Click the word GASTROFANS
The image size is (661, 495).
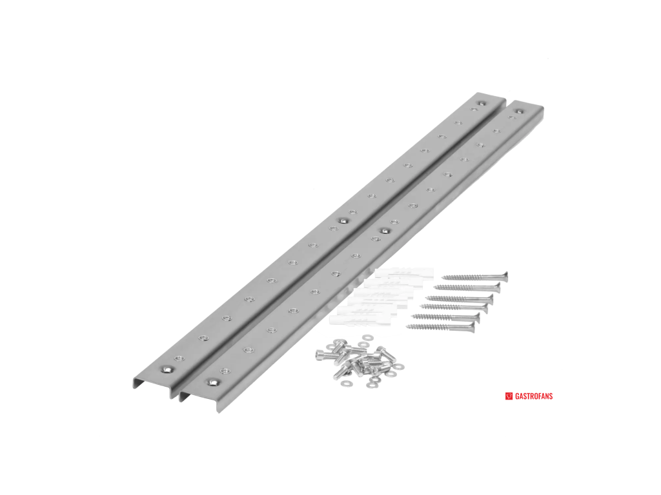534,396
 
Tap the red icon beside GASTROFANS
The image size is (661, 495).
509,396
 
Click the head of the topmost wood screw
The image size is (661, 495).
505,276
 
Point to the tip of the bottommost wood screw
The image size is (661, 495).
407,326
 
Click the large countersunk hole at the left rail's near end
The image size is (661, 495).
168,369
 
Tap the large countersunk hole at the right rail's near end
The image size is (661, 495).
213,382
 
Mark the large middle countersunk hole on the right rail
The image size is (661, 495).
384,231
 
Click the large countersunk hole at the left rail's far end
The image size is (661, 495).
481,102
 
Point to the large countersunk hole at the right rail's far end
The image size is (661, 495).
520,112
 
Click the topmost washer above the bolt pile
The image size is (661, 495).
367,337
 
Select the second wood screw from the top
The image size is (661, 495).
467,287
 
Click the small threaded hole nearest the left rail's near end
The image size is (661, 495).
179,358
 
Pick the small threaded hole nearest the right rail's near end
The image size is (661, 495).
225,371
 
